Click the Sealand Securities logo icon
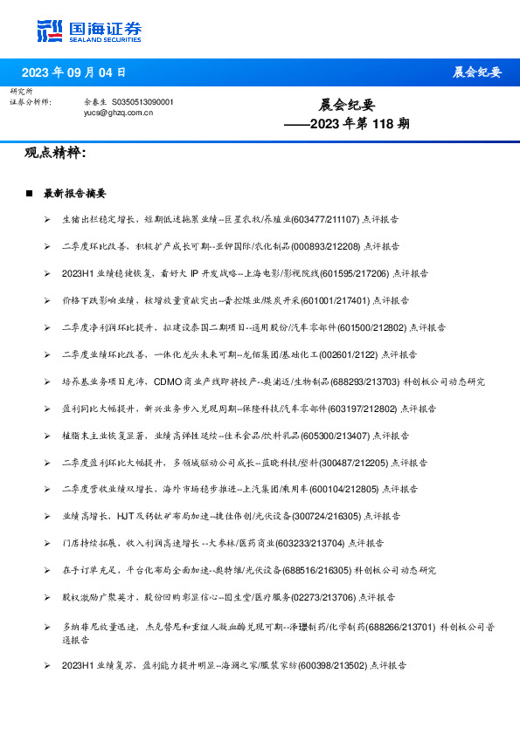[50, 30]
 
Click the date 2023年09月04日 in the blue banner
[73, 72]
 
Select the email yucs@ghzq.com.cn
[119, 113]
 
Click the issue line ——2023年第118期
[347, 124]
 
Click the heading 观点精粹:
[55, 154]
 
